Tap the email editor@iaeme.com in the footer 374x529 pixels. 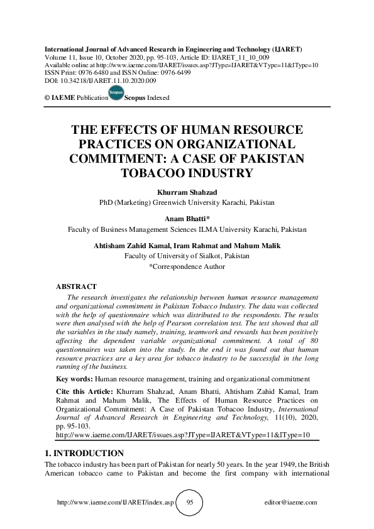[292, 503]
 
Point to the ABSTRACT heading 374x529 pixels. [76, 286]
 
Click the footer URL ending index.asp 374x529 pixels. [114, 503]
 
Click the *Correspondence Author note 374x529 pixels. [187, 266]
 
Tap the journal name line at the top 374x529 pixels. [172, 48]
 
